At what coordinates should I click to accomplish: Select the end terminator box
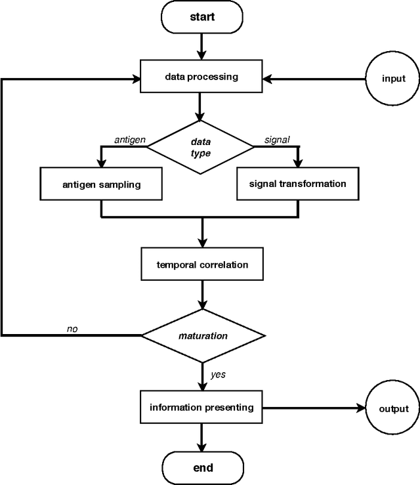pyautogui.click(x=202, y=467)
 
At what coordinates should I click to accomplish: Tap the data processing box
pyautogui.click(x=202, y=77)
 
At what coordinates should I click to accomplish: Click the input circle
pyautogui.click(x=393, y=78)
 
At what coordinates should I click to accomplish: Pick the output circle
pyautogui.click(x=393, y=408)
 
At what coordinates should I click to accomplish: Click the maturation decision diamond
pyautogui.click(x=203, y=335)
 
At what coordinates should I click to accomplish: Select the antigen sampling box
pyautogui.click(x=101, y=184)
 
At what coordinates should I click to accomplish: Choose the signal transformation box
pyautogui.click(x=297, y=184)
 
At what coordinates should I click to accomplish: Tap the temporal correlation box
pyautogui.click(x=202, y=265)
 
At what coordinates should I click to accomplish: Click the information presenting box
pyautogui.click(x=202, y=408)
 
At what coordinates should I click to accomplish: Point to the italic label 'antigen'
pyautogui.click(x=129, y=140)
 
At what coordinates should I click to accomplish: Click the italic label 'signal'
pyautogui.click(x=276, y=140)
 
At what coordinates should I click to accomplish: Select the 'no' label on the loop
pyautogui.click(x=73, y=328)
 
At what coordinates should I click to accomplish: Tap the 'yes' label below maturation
pyautogui.click(x=218, y=375)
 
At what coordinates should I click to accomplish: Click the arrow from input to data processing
pyautogui.click(x=315, y=78)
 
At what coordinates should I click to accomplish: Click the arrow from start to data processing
pyautogui.click(x=202, y=44)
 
